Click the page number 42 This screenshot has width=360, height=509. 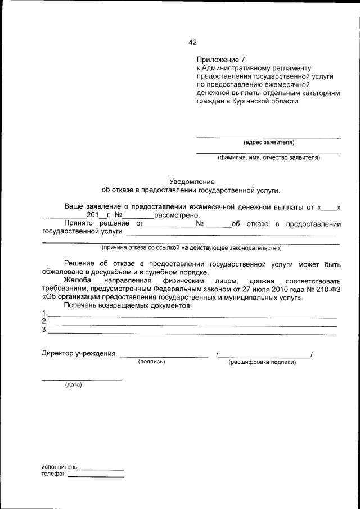point(192,42)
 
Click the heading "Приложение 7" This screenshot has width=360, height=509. point(221,58)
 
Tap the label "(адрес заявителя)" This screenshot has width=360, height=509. point(268,142)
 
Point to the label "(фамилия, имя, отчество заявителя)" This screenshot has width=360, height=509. point(269,158)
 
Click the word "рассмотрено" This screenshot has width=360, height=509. point(173,215)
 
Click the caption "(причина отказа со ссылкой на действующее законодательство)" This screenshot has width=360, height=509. point(191,247)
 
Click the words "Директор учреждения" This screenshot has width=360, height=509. point(79,354)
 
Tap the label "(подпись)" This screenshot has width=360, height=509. point(151,362)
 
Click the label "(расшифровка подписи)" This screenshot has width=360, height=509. point(262,362)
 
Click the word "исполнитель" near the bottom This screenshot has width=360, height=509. point(59,467)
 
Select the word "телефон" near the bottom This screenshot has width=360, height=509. point(53,474)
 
